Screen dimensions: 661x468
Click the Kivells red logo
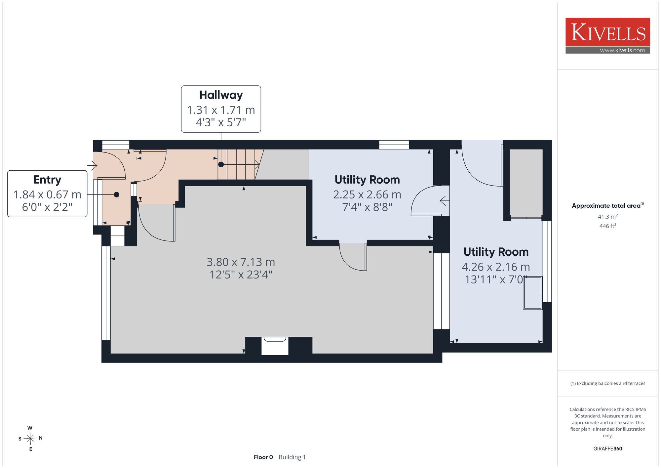pyautogui.click(x=607, y=32)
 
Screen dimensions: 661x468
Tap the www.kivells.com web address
pyautogui.click(x=622, y=50)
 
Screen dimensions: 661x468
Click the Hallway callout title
pyautogui.click(x=221, y=95)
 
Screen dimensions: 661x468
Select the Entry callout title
pyautogui.click(x=47, y=180)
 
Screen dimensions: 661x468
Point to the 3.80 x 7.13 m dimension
pyautogui.click(x=241, y=262)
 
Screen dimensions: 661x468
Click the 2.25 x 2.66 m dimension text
pyautogui.click(x=367, y=194)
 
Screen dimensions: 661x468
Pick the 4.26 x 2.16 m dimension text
pyautogui.click(x=495, y=267)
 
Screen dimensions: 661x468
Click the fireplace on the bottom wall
pyautogui.click(x=275, y=346)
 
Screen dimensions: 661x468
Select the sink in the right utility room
pyautogui.click(x=532, y=293)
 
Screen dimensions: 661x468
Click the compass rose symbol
pyautogui.click(x=30, y=439)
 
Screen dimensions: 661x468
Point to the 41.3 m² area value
pyautogui.click(x=607, y=217)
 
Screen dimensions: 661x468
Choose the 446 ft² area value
pyautogui.click(x=607, y=226)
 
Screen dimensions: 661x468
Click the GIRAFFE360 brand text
pyautogui.click(x=607, y=448)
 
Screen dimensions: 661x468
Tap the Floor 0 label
pyautogui.click(x=263, y=457)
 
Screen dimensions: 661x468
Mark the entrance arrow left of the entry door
pyautogui.click(x=92, y=165)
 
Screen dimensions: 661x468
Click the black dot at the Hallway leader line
pyautogui.click(x=221, y=164)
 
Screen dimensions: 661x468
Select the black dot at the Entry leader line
pyautogui.click(x=116, y=195)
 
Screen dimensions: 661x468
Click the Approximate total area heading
pyautogui.click(x=607, y=205)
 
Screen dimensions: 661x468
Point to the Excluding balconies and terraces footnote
pyautogui.click(x=607, y=383)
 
